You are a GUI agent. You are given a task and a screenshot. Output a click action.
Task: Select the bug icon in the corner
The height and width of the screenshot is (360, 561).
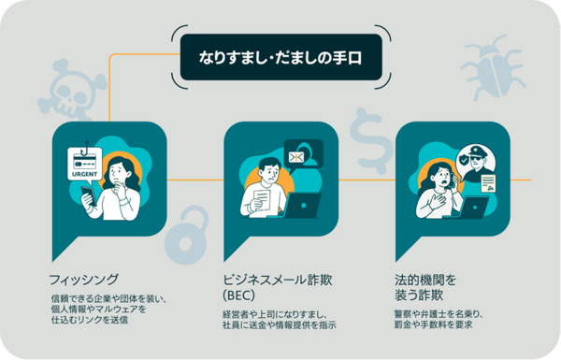tap(495, 67)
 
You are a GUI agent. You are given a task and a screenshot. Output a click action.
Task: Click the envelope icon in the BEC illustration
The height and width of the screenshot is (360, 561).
tap(301, 156)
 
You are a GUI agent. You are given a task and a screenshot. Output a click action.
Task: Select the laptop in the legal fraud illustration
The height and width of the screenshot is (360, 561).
tap(467, 207)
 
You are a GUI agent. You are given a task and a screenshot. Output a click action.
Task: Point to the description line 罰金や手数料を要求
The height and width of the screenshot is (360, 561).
tap(432, 325)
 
